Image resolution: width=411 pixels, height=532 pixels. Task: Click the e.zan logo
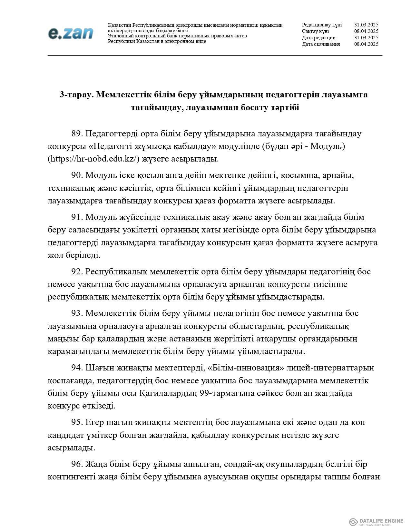[x=71, y=33]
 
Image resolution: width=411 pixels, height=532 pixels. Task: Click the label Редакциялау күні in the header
[x=322, y=25]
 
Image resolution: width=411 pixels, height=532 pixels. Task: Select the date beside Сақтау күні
[x=366, y=31]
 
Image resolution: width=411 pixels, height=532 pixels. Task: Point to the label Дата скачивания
[x=321, y=44]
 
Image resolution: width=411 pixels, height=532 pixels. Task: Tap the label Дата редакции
[x=318, y=38]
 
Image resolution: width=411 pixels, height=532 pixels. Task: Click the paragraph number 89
[x=77, y=133]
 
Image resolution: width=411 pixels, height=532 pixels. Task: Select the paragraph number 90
[x=77, y=175]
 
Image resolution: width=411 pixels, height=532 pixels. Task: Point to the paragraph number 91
[x=77, y=217]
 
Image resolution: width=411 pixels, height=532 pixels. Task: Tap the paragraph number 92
[x=77, y=272]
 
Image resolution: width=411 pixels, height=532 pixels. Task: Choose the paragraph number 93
[x=77, y=313]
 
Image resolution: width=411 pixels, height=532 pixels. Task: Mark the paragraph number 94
[x=77, y=368]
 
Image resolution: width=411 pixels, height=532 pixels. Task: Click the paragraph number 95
[x=77, y=422]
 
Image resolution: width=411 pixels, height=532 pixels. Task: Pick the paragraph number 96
[x=77, y=464]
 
